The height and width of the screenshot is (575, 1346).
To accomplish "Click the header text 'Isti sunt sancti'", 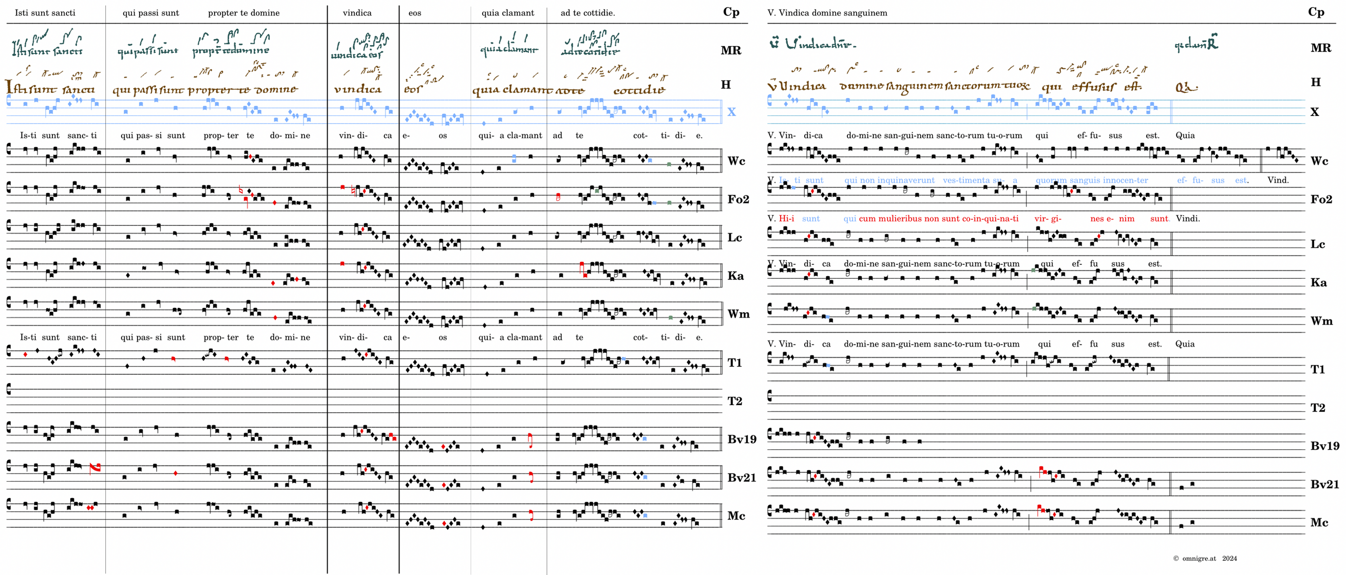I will click(45, 13).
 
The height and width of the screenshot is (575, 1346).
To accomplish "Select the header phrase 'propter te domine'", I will click(243, 13).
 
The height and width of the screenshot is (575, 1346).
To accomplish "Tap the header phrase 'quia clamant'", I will click(507, 13).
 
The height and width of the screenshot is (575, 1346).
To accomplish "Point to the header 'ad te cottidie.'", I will click(587, 13).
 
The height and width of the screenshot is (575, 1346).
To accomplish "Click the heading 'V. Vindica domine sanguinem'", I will click(827, 13).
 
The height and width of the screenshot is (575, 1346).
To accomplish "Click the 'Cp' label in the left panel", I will click(731, 12).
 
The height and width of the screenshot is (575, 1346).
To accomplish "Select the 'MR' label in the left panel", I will click(730, 51).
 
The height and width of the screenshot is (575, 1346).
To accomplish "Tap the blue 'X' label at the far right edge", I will click(1314, 112).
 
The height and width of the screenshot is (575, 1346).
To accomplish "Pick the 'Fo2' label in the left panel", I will click(738, 200).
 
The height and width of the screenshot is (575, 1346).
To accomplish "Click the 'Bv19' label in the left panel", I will click(742, 439).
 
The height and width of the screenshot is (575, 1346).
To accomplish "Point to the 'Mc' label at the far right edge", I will click(1319, 522).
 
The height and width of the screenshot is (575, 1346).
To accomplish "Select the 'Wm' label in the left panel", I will click(738, 314).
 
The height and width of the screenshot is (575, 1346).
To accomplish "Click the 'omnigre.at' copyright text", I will click(1199, 558).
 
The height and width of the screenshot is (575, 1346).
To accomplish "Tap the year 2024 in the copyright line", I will click(1229, 558).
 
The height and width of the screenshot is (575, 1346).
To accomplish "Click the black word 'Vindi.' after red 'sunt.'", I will click(1187, 219).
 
